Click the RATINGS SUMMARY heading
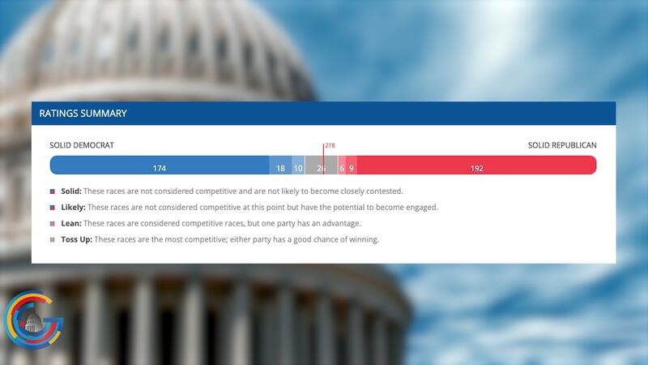point(83,114)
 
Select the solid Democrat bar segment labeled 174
point(160,168)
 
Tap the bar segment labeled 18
point(280,168)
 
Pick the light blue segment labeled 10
point(298,168)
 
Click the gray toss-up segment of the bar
point(321,168)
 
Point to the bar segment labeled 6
point(342,168)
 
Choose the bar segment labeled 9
point(352,168)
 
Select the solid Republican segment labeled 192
point(476,168)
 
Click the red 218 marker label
point(330,146)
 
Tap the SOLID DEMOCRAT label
point(82,145)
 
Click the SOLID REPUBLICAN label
point(562,145)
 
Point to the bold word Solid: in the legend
point(71,191)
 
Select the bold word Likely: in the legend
point(73,208)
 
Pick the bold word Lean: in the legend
point(71,223)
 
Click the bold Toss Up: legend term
point(77,239)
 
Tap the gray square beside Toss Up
point(53,240)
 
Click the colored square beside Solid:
point(53,192)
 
